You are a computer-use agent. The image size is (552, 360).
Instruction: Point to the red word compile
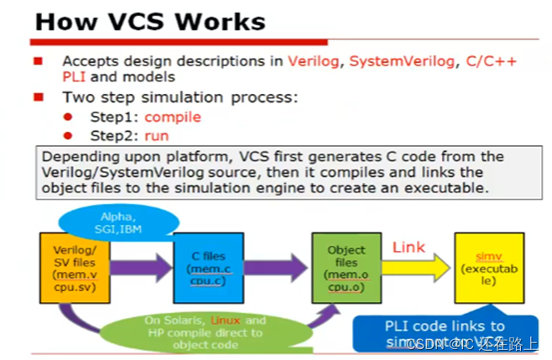173,117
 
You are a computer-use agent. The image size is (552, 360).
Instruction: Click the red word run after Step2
156,135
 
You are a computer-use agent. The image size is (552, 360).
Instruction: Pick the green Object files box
346,268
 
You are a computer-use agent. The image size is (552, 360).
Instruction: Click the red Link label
409,248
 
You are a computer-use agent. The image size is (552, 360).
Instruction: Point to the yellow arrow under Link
415,269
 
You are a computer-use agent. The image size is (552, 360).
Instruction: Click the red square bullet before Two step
39,97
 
